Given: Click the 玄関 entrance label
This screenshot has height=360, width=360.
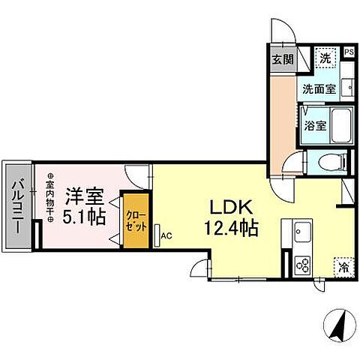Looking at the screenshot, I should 282,59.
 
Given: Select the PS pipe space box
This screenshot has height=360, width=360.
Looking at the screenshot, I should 349,52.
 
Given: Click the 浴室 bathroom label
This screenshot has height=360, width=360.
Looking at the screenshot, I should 314,126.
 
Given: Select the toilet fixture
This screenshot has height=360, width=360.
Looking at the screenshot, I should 331,160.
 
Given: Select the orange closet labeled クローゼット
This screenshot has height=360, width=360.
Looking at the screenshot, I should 136,221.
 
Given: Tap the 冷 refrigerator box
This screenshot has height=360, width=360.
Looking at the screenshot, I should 344,265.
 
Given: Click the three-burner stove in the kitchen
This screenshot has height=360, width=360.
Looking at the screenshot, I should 304,265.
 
